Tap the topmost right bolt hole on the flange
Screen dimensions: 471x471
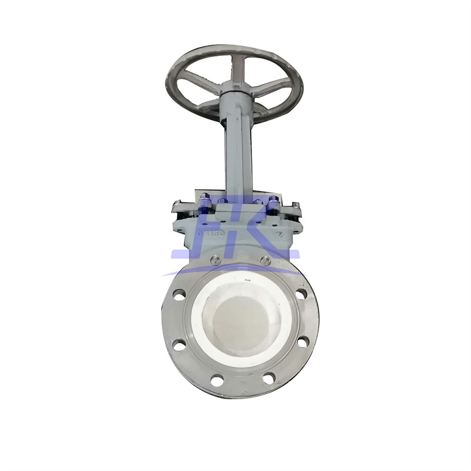click(301, 294)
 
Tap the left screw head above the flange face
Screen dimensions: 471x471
click(216, 261)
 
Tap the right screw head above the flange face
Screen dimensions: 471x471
click(266, 261)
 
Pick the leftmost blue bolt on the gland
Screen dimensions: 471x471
click(204, 203)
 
